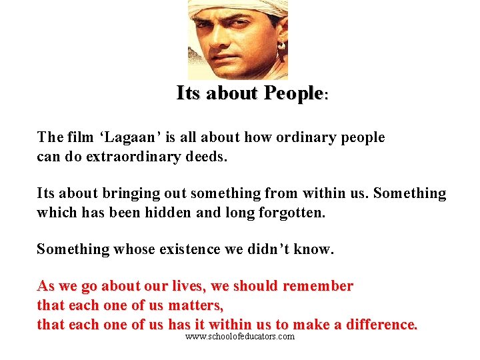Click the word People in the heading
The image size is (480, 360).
tap(293, 93)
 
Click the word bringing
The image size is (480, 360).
tap(131, 194)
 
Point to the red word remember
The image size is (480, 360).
tap(318, 287)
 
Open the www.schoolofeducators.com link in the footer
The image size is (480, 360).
tap(240, 337)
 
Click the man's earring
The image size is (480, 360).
tap(281, 47)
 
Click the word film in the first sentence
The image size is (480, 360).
tap(81, 138)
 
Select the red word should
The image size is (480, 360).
tap(256, 287)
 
